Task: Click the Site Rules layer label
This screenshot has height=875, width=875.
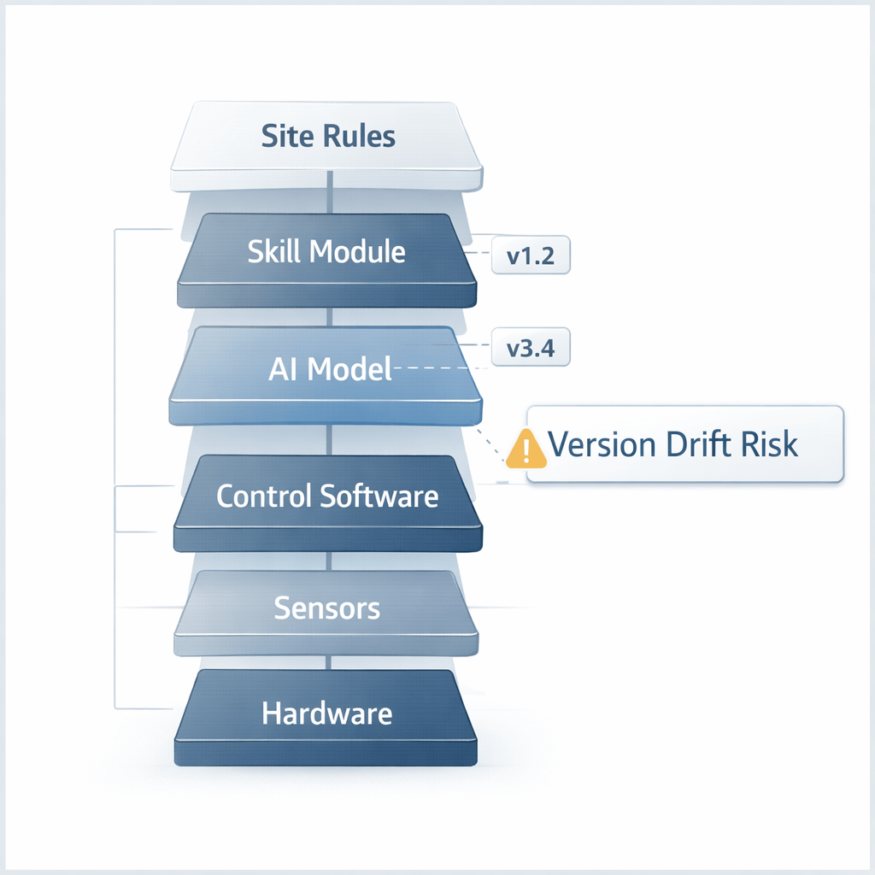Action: [x=328, y=136]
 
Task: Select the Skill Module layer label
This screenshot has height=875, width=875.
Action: [x=326, y=251]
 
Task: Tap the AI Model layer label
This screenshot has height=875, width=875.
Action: [x=330, y=368]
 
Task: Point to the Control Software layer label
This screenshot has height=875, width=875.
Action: [x=327, y=496]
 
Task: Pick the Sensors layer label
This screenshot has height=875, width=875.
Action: [x=327, y=608]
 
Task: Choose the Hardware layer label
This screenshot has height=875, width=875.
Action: [x=327, y=714]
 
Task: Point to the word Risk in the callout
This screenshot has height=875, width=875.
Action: [x=767, y=444]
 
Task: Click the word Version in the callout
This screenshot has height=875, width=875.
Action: [x=598, y=444]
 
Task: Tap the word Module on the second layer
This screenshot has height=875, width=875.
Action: [x=357, y=251]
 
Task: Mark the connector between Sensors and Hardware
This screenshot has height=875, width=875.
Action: [x=330, y=662]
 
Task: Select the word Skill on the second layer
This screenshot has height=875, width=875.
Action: [x=273, y=251]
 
